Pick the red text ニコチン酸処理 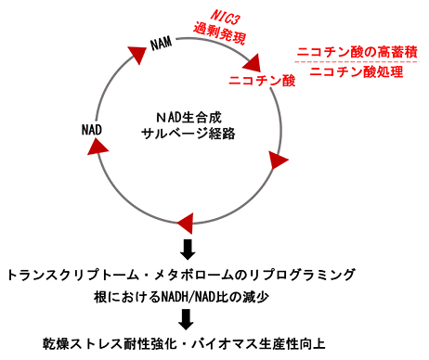pyautogui.click(x=348, y=72)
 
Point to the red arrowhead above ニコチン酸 pyautogui.click(x=253, y=63)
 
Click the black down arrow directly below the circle pyautogui.click(x=188, y=249)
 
